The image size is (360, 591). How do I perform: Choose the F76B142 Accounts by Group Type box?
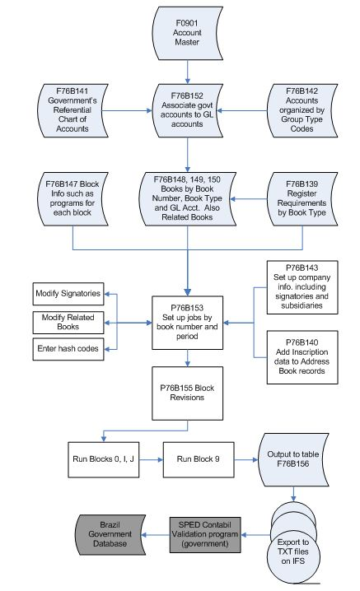tap(306, 106)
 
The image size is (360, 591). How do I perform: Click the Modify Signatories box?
tap(69, 294)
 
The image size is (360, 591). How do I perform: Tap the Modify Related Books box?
tap(69, 320)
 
